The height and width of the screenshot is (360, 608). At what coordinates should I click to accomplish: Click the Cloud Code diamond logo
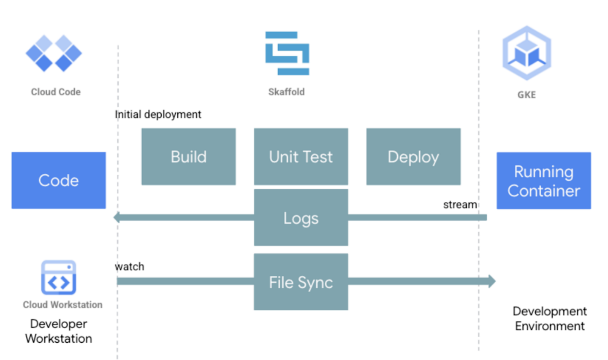[54, 53]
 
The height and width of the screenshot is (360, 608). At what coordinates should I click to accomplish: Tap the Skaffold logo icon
[287, 53]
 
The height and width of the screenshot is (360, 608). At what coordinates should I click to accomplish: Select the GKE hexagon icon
[527, 53]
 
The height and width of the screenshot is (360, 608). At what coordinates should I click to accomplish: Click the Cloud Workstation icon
[58, 277]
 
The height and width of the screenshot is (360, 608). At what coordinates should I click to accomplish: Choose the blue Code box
[59, 180]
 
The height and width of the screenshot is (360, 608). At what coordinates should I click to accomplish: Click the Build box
[188, 157]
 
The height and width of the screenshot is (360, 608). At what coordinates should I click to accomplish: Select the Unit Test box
[301, 157]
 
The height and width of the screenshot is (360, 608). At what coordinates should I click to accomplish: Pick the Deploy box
[413, 157]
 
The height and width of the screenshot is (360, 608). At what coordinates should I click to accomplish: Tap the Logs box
[301, 218]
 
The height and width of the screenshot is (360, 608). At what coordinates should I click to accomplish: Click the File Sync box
[301, 282]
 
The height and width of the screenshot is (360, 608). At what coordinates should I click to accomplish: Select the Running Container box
[543, 181]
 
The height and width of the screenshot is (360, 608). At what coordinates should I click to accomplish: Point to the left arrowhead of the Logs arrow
[117, 217]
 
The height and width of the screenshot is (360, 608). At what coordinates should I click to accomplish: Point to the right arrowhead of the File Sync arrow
[492, 281]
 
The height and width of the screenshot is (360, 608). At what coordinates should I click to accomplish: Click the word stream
[460, 205]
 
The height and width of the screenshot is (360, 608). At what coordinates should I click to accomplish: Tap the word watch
[130, 267]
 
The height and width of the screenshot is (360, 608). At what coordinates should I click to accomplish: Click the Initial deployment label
[158, 114]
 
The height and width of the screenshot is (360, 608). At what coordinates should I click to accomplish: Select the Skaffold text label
[286, 92]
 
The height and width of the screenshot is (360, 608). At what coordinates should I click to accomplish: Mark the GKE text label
[527, 95]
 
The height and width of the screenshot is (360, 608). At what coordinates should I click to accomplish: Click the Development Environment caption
[549, 319]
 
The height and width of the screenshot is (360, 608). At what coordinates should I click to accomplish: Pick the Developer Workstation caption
[59, 331]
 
